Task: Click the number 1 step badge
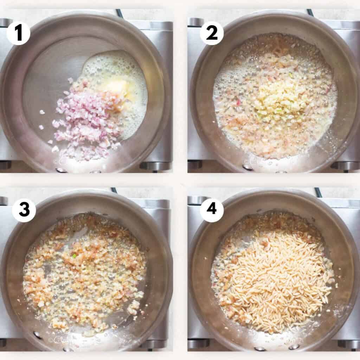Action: [x=18, y=33]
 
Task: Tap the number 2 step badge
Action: [x=212, y=33]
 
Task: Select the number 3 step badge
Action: [x=24, y=210]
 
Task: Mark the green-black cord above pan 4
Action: [x=318, y=192]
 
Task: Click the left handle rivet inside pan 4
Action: [x=260, y=348]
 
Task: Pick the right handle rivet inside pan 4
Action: [x=292, y=347]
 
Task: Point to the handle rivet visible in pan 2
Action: [x=248, y=167]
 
